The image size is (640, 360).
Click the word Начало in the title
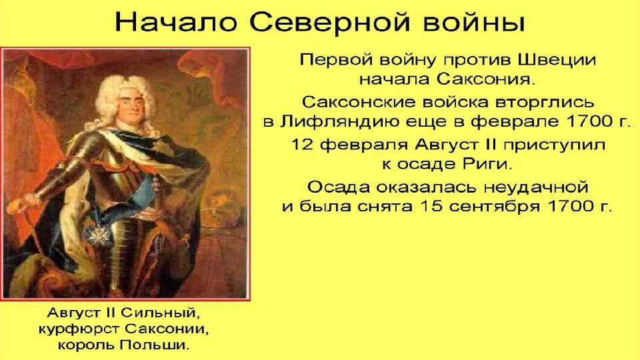tap(176, 23)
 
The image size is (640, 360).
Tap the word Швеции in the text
tap(557, 61)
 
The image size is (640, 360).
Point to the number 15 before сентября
tap(431, 207)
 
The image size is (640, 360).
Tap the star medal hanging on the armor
tap(98, 235)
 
